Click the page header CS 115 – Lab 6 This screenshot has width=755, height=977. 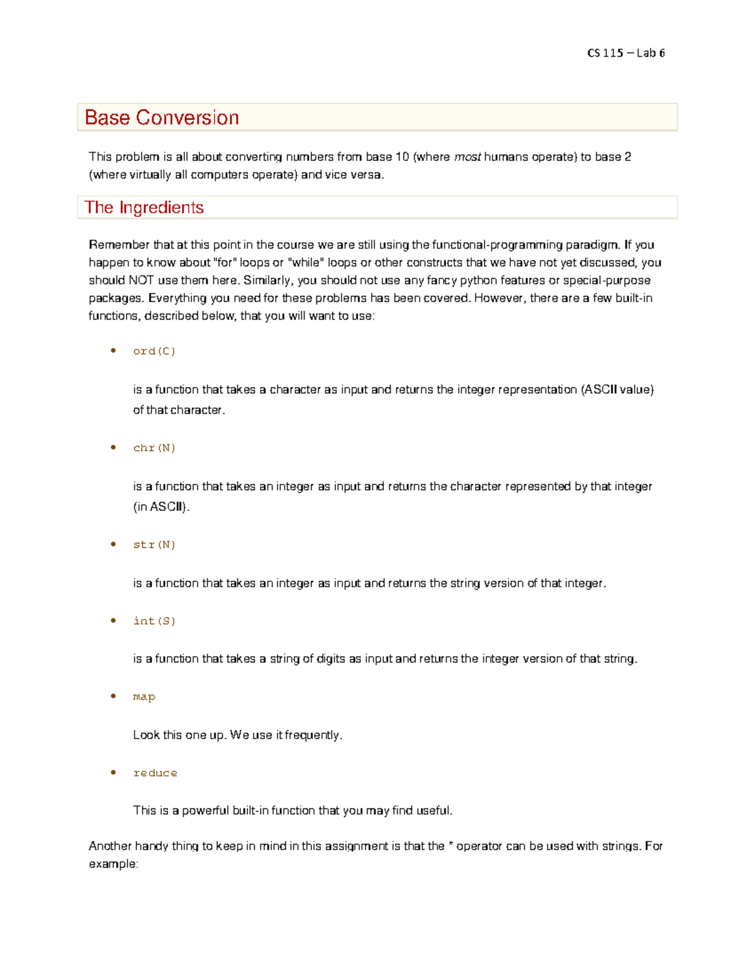coord(625,53)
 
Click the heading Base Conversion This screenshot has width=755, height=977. coord(162,118)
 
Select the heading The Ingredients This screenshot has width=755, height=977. coord(144,208)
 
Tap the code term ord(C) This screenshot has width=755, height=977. coord(154,351)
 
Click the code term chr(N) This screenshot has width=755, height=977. coord(154,448)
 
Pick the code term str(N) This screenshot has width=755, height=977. coord(154,545)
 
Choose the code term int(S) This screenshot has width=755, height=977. coord(154,621)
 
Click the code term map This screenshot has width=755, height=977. coord(144,696)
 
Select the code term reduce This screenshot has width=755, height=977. coord(155,773)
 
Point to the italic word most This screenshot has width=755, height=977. coord(467,157)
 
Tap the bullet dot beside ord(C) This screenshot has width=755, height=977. coord(113,350)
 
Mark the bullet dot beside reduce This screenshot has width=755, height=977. coord(113,772)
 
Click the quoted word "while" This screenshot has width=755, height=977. coord(306,262)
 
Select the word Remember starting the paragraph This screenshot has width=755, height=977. coord(119,245)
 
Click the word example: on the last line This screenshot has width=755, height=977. coord(113,864)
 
